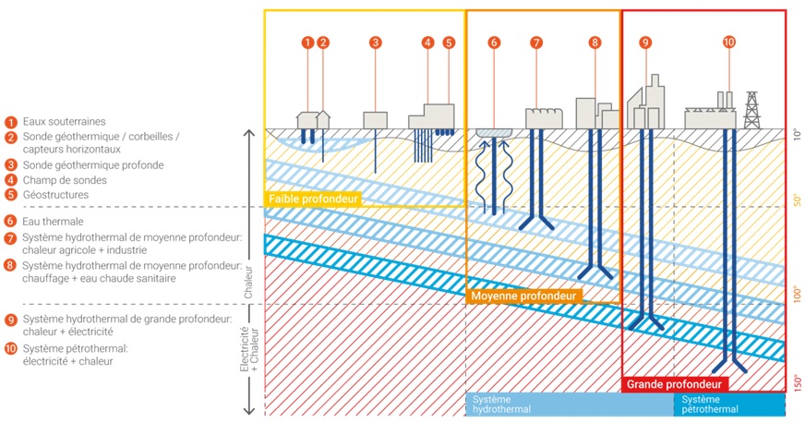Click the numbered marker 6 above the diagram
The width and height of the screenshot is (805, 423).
[x=494, y=42]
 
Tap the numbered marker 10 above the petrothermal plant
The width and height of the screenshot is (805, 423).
[x=729, y=42]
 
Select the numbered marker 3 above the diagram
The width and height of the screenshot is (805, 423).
[x=376, y=42]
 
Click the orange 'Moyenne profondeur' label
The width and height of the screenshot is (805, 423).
[x=523, y=296]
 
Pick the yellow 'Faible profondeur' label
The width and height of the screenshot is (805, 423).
[x=313, y=199]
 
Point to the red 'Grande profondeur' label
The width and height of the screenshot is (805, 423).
[x=674, y=384]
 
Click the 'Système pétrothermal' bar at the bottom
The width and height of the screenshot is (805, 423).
[x=729, y=405]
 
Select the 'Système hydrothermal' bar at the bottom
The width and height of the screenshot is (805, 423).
[x=570, y=405]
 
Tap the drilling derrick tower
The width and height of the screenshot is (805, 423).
[x=751, y=111]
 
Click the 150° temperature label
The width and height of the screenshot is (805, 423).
[x=798, y=382]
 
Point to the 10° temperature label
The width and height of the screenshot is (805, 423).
[x=798, y=135]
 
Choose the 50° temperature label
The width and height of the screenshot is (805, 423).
[x=798, y=200]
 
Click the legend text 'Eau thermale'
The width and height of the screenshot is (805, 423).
[x=53, y=222]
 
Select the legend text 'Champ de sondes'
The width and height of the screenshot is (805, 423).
[x=65, y=180]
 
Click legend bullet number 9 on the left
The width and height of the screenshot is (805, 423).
[x=11, y=320]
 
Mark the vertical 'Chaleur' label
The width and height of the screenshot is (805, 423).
[x=248, y=283]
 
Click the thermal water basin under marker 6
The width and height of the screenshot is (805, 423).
[x=494, y=133]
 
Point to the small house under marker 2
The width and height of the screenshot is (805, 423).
[x=323, y=120]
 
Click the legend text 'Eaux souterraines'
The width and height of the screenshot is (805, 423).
[x=65, y=122]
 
